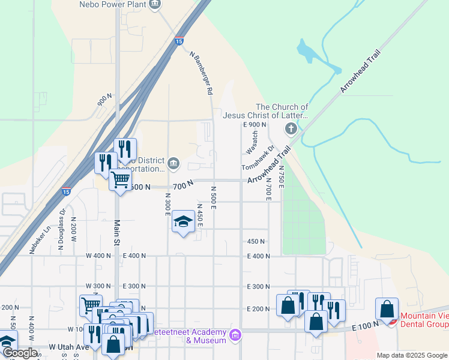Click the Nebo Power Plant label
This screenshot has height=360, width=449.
point(113,4)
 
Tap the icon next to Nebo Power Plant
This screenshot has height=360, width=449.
point(155,4)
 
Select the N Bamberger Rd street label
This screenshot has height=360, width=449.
point(201,73)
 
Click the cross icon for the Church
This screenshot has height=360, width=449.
point(291,128)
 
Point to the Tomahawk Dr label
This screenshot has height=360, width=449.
point(258,158)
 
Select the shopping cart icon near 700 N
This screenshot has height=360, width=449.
point(121,179)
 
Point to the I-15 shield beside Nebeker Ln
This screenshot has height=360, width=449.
point(66,192)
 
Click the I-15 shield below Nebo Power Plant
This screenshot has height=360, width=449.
point(179,41)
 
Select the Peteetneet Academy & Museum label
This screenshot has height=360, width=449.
point(189,337)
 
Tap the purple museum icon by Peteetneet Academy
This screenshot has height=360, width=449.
point(236,334)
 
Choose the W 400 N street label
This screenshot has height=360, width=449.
point(98,256)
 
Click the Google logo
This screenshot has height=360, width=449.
point(20,353)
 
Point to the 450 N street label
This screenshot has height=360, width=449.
point(256,241)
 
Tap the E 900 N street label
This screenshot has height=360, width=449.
point(255,124)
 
